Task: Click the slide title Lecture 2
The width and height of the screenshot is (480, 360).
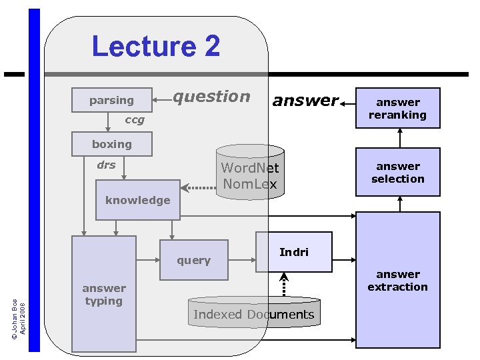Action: (156, 47)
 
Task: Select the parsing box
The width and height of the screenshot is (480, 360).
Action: (112, 100)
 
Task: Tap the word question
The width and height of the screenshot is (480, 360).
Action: (211, 97)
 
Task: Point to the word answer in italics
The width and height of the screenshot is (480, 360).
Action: (305, 101)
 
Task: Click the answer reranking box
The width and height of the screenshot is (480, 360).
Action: (398, 108)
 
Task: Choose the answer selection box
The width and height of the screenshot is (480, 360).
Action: (398, 172)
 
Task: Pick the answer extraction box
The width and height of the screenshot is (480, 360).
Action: (398, 280)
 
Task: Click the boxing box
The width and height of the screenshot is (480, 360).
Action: (112, 144)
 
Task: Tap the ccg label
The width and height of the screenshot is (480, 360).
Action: (135, 121)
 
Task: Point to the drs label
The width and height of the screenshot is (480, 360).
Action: (106, 165)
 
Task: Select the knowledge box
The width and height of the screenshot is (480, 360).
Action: (138, 200)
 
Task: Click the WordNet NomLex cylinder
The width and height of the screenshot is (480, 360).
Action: (250, 175)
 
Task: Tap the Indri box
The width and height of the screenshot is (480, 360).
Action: (294, 252)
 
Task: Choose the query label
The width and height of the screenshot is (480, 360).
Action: (194, 261)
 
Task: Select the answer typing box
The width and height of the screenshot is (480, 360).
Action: (104, 294)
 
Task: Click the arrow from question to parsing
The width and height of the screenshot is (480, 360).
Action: (163, 100)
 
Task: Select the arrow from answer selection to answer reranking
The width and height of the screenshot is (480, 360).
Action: (400, 138)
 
